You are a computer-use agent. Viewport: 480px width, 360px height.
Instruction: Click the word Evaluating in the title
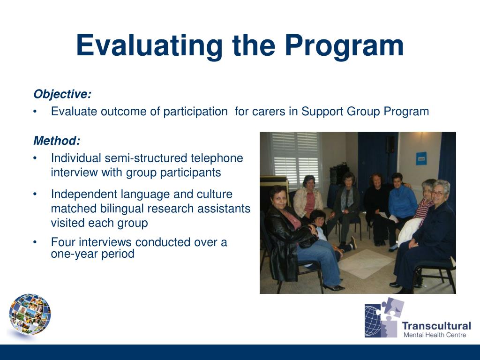pos(150,46)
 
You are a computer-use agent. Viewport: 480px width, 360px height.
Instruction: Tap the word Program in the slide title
pos(345,46)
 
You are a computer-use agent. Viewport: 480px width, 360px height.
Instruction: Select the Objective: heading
pos(62,94)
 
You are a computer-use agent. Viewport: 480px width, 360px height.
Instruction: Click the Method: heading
pos(57,141)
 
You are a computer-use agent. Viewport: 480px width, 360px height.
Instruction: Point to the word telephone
pos(217,158)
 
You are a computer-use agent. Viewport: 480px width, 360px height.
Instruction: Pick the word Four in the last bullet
pos(63,242)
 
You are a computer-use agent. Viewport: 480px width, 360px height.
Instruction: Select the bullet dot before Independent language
pos(35,194)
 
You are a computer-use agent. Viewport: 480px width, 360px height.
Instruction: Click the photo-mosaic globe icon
pos(30,314)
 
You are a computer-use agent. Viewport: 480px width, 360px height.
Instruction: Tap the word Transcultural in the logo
pos(436,326)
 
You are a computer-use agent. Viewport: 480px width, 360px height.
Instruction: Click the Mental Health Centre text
pos(435,335)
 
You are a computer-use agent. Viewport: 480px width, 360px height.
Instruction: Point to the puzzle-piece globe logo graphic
pos(384,318)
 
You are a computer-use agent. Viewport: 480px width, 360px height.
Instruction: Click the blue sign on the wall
pos(421,158)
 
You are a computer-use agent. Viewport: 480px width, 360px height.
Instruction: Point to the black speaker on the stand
pos(390,144)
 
